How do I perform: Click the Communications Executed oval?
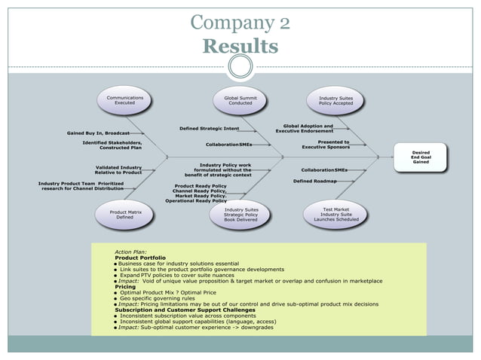(124, 101)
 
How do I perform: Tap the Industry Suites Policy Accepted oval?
(335, 101)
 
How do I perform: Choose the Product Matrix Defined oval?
(125, 215)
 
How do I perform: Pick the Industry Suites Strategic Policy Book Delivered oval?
(240, 215)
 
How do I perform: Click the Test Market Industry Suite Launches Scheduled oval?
(335, 215)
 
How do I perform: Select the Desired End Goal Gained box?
(420, 157)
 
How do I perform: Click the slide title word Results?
(240, 47)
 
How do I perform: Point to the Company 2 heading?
(240, 22)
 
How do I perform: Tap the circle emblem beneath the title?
(240, 67)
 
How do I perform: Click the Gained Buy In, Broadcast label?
(98, 133)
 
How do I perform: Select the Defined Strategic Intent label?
(209, 129)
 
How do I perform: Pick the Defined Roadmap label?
(314, 182)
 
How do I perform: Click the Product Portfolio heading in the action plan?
(140, 258)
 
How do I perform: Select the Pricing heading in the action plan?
(125, 287)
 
